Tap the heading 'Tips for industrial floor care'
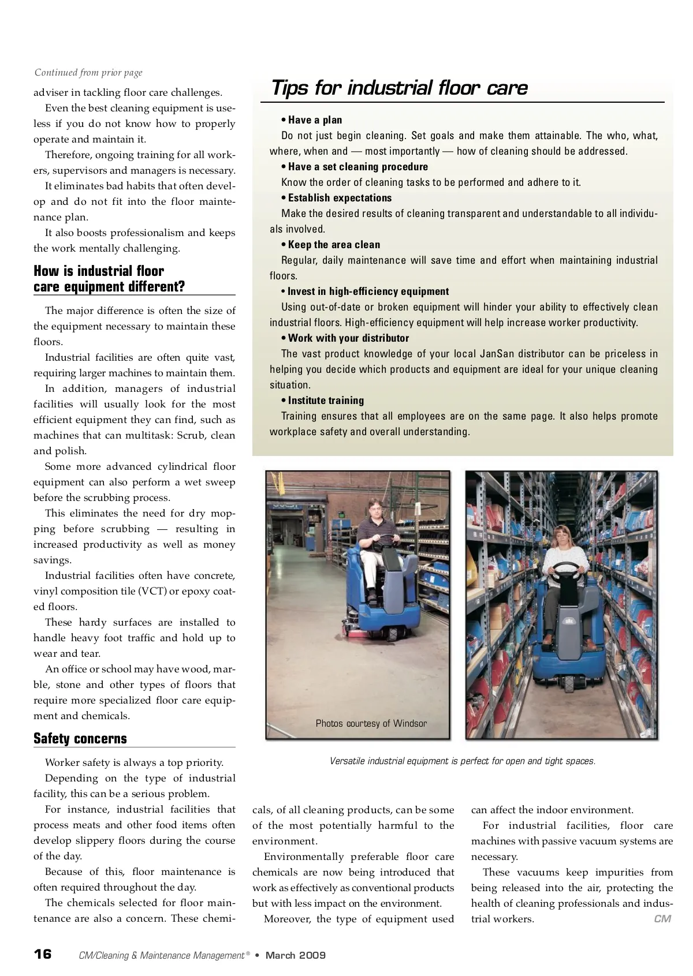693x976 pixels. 399,88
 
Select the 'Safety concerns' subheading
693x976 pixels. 80,738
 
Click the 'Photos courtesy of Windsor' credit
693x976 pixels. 371,723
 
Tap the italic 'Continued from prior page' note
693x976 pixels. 88,73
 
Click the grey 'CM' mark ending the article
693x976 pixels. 662,918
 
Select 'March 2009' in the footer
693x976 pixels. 295,955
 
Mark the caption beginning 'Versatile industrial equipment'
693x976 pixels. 462,761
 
